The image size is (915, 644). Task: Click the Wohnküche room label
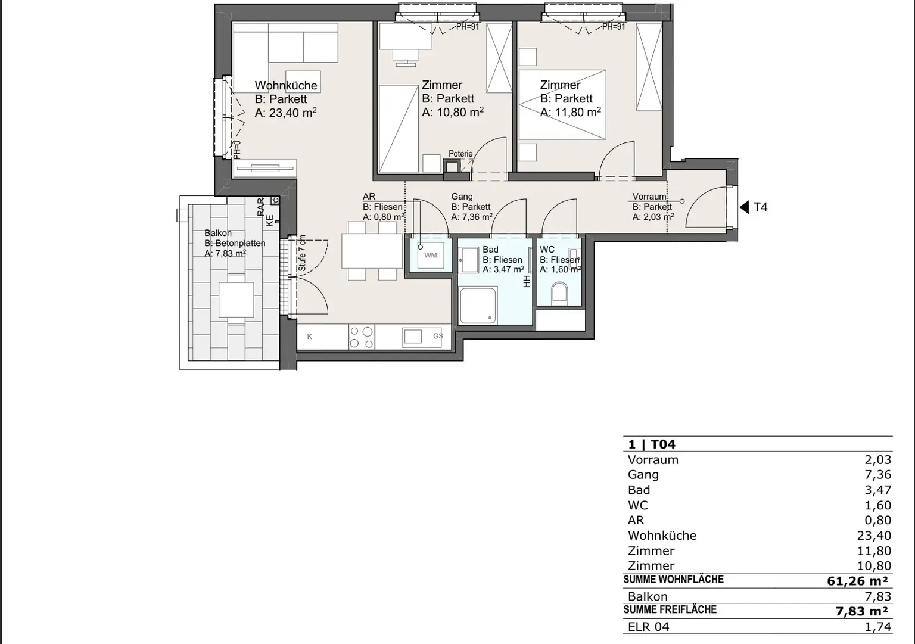click(286, 85)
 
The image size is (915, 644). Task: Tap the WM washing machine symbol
click(431, 255)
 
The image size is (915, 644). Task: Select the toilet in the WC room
click(559, 293)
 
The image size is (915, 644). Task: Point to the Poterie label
click(460, 154)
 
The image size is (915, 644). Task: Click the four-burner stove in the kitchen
click(362, 337)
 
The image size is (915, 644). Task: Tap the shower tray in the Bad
click(478, 305)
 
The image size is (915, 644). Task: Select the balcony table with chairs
click(236, 300)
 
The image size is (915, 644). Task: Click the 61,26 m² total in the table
click(857, 581)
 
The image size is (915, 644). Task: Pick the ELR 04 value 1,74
click(878, 627)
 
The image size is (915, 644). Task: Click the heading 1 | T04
click(652, 444)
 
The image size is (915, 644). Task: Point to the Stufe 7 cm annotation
click(302, 253)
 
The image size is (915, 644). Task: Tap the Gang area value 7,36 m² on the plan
click(472, 217)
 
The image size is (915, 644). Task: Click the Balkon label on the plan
click(217, 233)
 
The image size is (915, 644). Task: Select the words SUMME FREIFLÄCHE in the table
click(670, 609)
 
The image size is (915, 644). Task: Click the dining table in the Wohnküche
click(372, 251)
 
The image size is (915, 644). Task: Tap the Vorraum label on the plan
click(649, 197)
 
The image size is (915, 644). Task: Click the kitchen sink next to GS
click(413, 337)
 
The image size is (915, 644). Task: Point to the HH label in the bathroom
click(527, 281)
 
